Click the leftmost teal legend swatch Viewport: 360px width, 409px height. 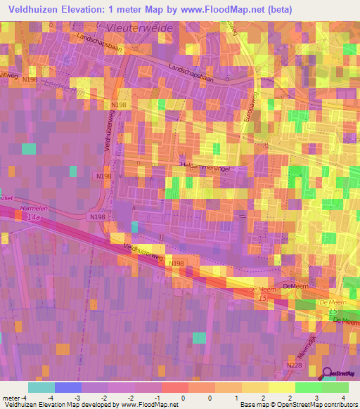pyautogui.click(x=41, y=387)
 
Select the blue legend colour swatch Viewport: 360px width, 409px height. pyautogui.click(x=67, y=387)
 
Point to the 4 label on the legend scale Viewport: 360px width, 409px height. pyautogui.click(x=335, y=397)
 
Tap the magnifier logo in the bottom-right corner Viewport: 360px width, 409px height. pyautogui.click(x=326, y=375)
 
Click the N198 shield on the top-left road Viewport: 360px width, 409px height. pyautogui.click(x=30, y=81)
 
